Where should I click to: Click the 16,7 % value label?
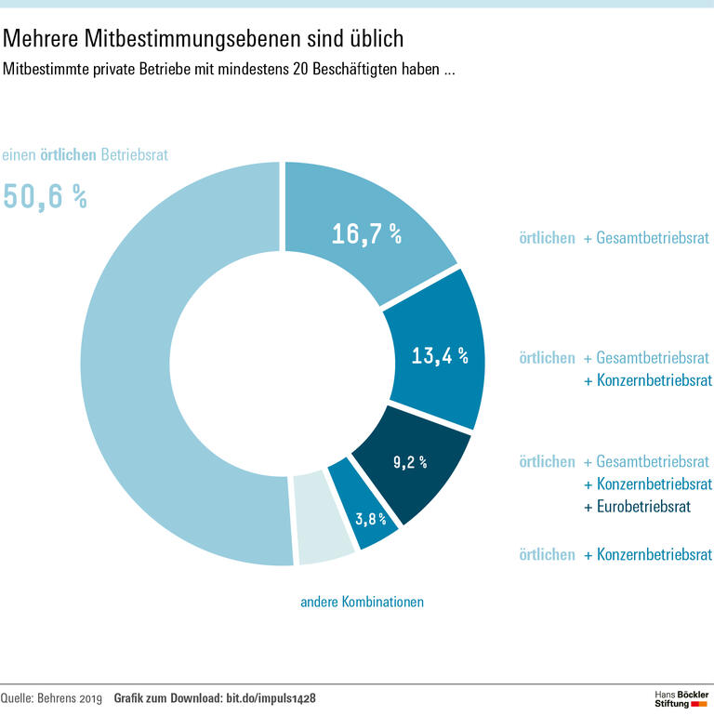[x=366, y=234]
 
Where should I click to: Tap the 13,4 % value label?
[x=439, y=355]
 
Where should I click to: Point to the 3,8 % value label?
[x=371, y=518]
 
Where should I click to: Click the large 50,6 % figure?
[x=45, y=197]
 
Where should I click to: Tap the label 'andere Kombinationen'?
[x=362, y=602]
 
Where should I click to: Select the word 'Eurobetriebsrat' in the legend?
[x=637, y=507]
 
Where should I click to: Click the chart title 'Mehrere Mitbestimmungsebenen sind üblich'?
[x=204, y=39]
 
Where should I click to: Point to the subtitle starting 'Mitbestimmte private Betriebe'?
[x=229, y=69]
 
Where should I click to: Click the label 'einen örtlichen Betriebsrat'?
[x=85, y=155]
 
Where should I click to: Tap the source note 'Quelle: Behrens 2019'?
[x=50, y=697]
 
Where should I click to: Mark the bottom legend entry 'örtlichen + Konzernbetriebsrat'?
[x=615, y=555]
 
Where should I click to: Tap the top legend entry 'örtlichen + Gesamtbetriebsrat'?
[x=614, y=239]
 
